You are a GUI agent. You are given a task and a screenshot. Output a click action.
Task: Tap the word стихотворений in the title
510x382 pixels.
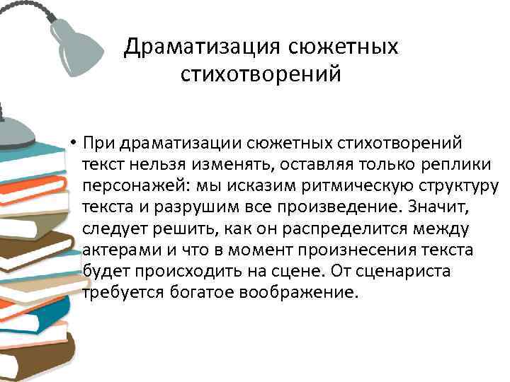261,74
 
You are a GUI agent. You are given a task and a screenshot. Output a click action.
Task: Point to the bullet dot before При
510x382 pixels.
73,145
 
